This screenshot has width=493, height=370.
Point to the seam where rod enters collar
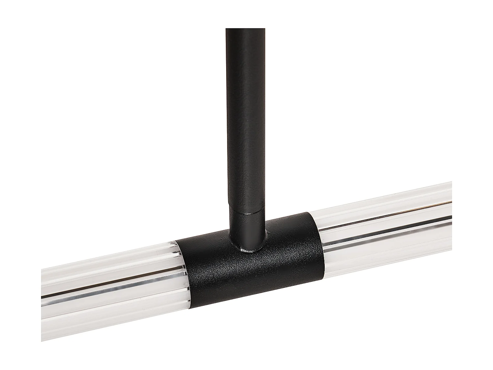click(247, 213)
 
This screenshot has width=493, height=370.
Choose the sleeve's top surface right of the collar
click(289, 220)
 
